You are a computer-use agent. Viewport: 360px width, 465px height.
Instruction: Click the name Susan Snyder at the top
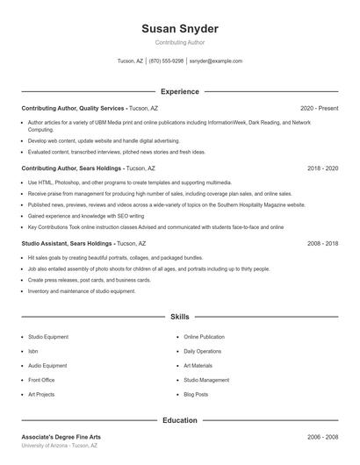(180, 29)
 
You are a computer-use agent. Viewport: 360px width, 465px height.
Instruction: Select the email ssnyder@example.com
(216, 61)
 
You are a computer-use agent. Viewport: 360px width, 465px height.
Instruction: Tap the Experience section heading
(180, 91)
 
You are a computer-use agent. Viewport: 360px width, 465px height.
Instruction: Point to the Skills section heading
(180, 316)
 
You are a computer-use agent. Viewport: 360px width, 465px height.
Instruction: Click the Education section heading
(180, 420)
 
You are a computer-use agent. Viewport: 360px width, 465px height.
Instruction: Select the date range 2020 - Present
(319, 108)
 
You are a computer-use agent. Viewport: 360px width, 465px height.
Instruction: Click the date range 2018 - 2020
(322, 168)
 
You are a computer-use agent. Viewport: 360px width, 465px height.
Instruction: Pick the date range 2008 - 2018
(322, 243)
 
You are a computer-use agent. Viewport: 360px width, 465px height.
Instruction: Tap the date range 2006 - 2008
(322, 436)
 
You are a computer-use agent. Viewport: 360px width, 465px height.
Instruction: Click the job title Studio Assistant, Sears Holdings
(67, 243)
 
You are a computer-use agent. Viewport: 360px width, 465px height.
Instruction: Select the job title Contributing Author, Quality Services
(73, 108)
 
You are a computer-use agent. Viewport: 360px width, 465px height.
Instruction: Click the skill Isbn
(32, 351)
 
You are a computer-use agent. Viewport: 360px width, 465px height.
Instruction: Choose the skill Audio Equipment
(47, 366)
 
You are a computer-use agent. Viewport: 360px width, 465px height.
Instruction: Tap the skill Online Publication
(204, 337)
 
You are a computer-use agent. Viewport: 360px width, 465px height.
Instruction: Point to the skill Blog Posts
(196, 395)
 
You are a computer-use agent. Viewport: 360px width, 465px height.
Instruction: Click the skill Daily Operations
(203, 351)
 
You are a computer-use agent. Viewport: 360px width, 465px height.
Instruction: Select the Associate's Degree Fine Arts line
(61, 436)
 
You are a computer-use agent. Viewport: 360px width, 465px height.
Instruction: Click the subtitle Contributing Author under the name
(180, 43)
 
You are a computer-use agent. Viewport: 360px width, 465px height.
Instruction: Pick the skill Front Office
(41, 380)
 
